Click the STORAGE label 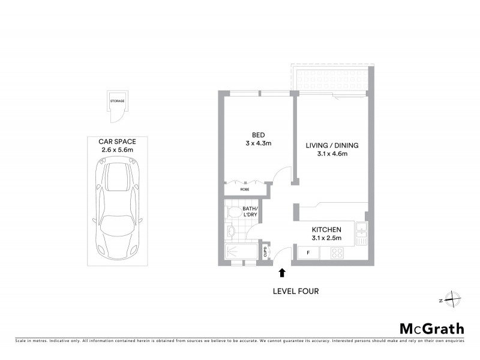point(117,101)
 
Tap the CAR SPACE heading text point(118,141)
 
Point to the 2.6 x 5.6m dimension point(118,149)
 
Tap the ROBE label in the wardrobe point(244,190)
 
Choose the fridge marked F point(308,253)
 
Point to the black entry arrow point(282,274)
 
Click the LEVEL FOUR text point(295,292)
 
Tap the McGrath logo point(431,328)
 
